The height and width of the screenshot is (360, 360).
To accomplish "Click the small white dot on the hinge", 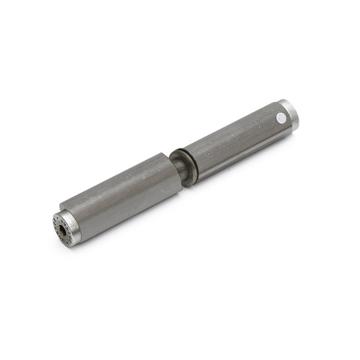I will (280, 118).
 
